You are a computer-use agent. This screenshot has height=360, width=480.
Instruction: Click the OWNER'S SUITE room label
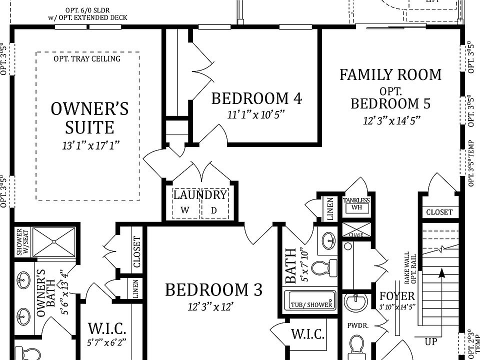click(x=89, y=118)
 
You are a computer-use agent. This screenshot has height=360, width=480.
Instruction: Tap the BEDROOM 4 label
click(x=256, y=98)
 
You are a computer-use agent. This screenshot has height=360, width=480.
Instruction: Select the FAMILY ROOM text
click(x=390, y=75)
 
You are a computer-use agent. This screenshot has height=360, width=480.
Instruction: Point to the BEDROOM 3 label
click(x=213, y=290)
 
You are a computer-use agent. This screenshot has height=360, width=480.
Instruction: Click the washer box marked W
click(x=185, y=210)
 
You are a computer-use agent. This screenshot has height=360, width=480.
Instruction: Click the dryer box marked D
click(x=214, y=210)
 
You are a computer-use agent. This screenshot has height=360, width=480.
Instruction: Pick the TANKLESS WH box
click(x=356, y=204)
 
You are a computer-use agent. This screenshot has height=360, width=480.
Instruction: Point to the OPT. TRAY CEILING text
click(x=87, y=59)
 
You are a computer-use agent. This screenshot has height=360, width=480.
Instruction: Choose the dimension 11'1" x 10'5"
click(x=256, y=114)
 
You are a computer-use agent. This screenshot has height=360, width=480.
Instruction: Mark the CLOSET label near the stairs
click(x=439, y=212)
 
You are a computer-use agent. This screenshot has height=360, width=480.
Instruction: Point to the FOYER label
click(x=397, y=295)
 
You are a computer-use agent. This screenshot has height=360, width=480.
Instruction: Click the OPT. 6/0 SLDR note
click(x=88, y=10)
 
